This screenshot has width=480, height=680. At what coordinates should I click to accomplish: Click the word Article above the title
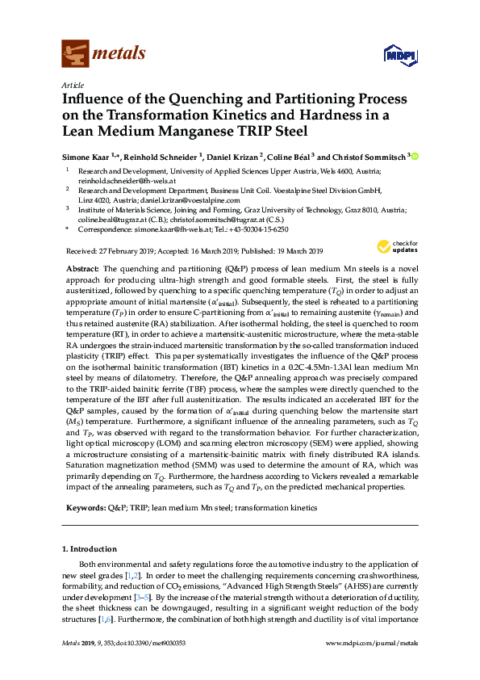[72, 84]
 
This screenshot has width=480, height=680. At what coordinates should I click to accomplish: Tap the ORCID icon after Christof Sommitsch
[417, 156]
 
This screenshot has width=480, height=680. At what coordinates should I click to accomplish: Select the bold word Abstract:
[81, 267]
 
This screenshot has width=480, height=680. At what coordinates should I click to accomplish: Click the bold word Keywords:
[85, 507]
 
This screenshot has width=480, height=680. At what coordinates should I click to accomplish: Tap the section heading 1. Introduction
[94, 549]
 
